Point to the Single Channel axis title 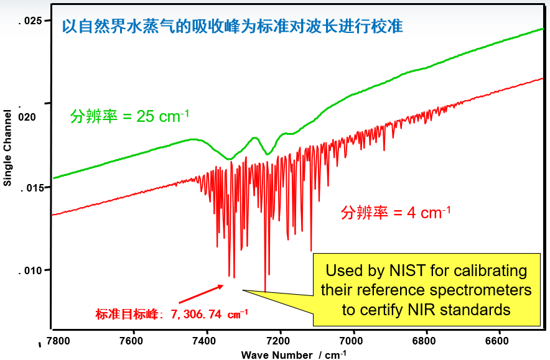(7, 147)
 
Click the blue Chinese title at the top (231, 27)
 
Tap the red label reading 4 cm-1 (395, 213)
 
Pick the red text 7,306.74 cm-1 (205, 314)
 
